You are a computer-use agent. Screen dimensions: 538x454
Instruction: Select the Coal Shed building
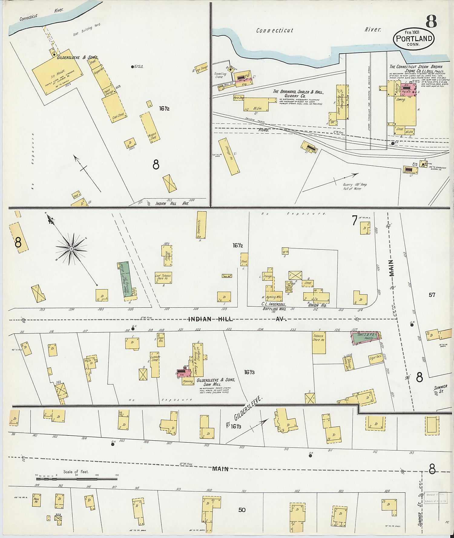(114, 108)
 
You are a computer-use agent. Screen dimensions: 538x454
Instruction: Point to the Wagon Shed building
(150, 127)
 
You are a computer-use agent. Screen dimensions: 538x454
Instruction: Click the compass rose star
(71, 249)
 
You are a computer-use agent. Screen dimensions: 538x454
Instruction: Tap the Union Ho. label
(317, 305)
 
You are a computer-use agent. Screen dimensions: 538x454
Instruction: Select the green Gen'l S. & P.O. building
(364, 337)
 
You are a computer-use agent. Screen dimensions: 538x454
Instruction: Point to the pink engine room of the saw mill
(184, 373)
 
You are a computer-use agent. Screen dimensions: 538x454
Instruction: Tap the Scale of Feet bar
(77, 479)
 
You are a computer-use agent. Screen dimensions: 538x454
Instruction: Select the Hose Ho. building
(36, 500)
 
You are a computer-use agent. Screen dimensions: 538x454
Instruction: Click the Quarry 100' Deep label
(355, 186)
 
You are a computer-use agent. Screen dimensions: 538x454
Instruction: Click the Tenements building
(201, 225)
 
